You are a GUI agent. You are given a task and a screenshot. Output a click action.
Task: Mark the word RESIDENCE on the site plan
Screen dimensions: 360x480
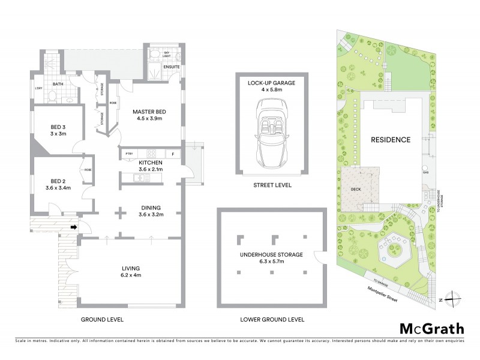(x=391, y=140)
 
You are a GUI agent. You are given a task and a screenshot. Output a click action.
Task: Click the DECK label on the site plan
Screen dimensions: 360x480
(x=354, y=187)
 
